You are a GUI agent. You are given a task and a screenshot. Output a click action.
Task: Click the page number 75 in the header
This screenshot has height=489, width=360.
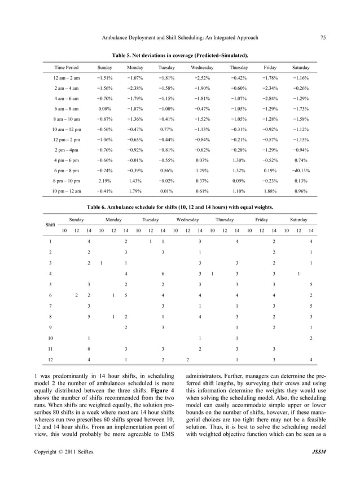click(x=323, y=38)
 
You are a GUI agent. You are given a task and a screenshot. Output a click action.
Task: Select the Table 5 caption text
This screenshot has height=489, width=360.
click(x=180, y=55)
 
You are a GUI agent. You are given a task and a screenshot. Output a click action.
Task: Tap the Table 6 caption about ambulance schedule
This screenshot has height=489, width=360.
click(x=180, y=207)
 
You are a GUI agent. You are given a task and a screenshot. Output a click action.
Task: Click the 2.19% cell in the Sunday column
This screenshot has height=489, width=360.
click(x=104, y=181)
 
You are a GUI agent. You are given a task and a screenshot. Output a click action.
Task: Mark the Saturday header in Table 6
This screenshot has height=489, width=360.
click(x=298, y=219)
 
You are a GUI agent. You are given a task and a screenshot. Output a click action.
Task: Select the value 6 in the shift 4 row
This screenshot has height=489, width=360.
click(x=163, y=274)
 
